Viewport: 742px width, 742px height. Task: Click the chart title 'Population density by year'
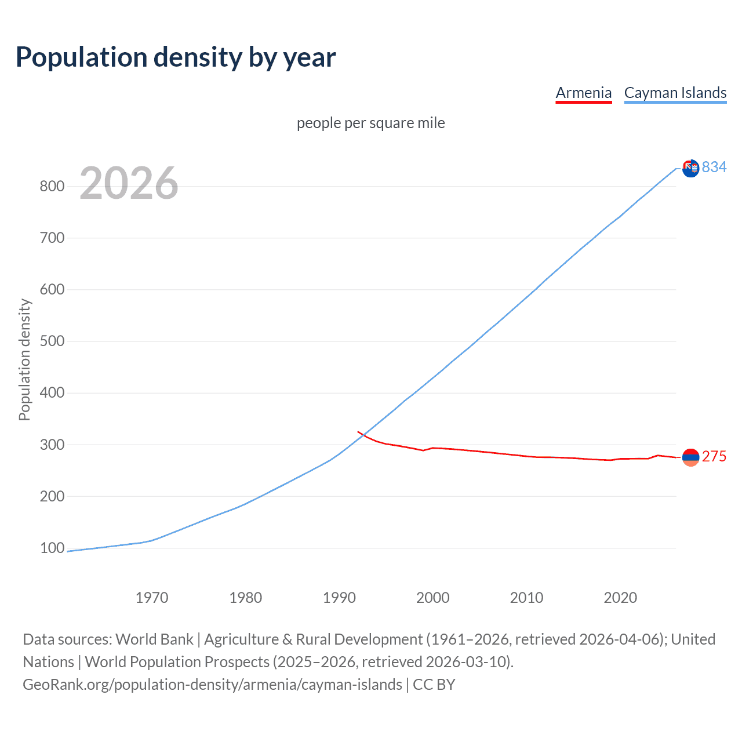click(176, 57)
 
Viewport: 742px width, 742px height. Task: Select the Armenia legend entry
click(583, 93)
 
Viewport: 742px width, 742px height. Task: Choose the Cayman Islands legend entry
click(675, 93)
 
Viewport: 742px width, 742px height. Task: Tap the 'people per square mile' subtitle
click(370, 123)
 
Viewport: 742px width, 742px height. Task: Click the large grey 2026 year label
click(129, 183)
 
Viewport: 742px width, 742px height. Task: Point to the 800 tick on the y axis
click(52, 186)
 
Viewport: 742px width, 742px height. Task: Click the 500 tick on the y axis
click(52, 341)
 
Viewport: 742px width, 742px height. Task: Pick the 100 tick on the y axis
click(52, 548)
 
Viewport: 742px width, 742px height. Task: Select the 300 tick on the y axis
click(52, 445)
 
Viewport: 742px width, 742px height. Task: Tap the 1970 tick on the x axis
click(152, 598)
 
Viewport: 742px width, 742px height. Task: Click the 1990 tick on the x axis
click(339, 598)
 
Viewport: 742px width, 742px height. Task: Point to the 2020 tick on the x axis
click(620, 598)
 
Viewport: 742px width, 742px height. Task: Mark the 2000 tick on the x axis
click(433, 598)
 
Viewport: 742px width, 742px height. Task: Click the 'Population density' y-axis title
click(24, 359)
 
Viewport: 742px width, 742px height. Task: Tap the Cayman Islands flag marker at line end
click(690, 168)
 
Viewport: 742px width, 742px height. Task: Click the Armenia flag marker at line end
click(690, 457)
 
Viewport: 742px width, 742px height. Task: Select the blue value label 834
click(714, 167)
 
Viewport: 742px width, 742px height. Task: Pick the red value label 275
click(714, 457)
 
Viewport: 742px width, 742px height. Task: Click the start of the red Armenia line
click(358, 432)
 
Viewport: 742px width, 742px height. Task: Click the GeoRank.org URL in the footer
click(212, 685)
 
